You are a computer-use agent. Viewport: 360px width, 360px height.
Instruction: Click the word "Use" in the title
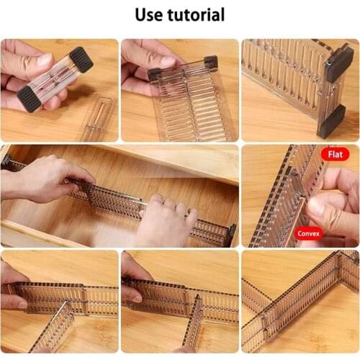[x=149, y=14]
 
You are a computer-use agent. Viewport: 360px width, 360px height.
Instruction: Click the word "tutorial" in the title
[x=196, y=14]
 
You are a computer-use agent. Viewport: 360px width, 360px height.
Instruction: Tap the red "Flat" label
[x=335, y=154]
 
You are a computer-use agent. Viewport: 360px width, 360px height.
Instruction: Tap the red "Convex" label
[x=308, y=233]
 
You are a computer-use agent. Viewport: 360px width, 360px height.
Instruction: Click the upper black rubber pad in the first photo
[x=81, y=60]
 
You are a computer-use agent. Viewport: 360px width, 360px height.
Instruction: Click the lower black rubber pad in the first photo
[x=30, y=99]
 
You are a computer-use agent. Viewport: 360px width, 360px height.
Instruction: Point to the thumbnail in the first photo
[x=45, y=60]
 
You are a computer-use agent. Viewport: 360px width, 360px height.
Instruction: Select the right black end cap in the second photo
[x=211, y=62]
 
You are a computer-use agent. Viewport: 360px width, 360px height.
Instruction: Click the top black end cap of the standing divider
[x=340, y=62]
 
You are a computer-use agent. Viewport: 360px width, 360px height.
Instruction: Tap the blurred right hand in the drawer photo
[x=166, y=220]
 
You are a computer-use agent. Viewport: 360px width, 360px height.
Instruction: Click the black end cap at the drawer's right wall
[x=233, y=235]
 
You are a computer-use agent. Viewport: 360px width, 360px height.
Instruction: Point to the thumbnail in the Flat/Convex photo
[x=317, y=207]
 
